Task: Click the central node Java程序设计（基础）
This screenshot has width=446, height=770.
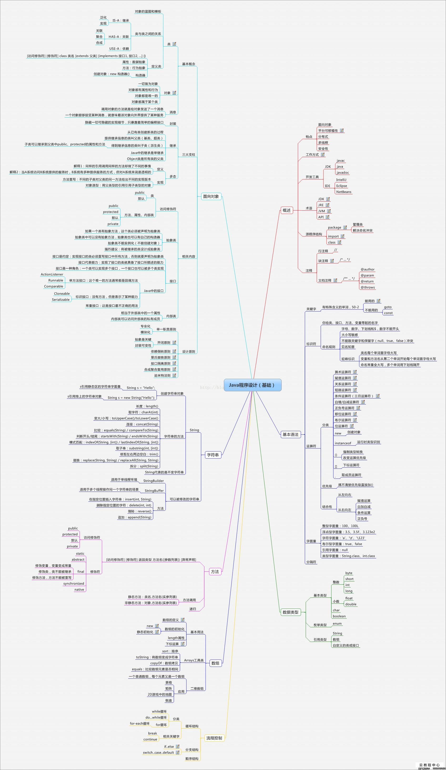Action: pyautogui.click(x=252, y=385)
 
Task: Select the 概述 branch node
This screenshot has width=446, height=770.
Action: pyautogui.click(x=287, y=210)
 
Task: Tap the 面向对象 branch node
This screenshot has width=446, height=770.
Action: pyautogui.click(x=211, y=196)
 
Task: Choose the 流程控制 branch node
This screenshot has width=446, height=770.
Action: pyautogui.click(x=214, y=738)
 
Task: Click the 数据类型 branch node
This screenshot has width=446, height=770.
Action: pyautogui.click(x=290, y=612)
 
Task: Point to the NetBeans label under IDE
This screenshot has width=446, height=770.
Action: pyautogui.click(x=344, y=192)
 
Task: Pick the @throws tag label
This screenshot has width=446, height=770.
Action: pyautogui.click(x=367, y=287)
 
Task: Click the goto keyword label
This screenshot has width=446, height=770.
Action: pyautogui.click(x=388, y=307)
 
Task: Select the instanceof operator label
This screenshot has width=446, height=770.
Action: pyautogui.click(x=343, y=443)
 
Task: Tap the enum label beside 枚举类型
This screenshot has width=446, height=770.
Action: pyautogui.click(x=337, y=623)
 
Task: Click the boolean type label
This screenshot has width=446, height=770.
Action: pyautogui.click(x=339, y=616)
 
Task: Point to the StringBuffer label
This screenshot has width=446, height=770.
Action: pyautogui.click(x=154, y=491)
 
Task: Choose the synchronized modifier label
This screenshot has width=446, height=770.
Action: pyautogui.click(x=74, y=583)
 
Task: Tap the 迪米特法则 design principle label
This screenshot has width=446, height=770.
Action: pyautogui.click(x=162, y=376)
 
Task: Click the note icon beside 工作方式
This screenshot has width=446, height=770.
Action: pyautogui.click(x=323, y=155)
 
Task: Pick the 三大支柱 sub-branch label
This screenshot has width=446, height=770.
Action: pyautogui.click(x=188, y=155)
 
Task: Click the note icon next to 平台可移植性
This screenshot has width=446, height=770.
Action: pyautogui.click(x=341, y=130)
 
